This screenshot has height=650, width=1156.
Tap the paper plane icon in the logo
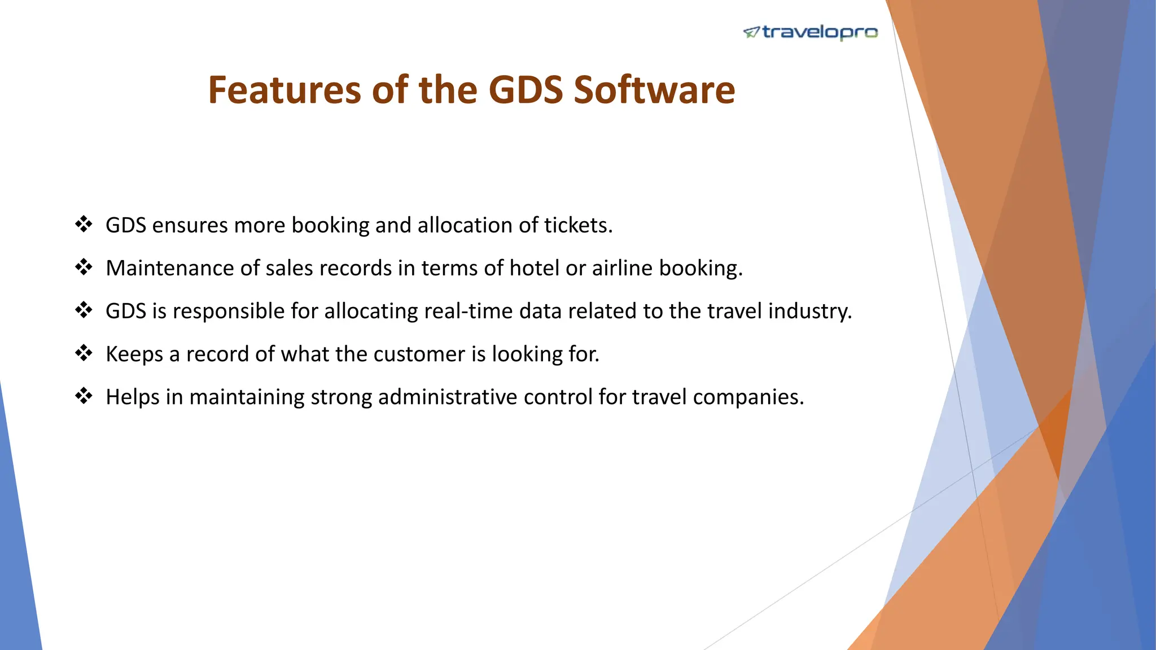(x=751, y=33)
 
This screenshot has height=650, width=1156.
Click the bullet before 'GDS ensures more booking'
(x=84, y=225)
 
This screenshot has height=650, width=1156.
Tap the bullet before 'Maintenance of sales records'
(x=84, y=267)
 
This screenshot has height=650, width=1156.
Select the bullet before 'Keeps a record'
(x=84, y=354)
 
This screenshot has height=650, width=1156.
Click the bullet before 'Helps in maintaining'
(x=84, y=397)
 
